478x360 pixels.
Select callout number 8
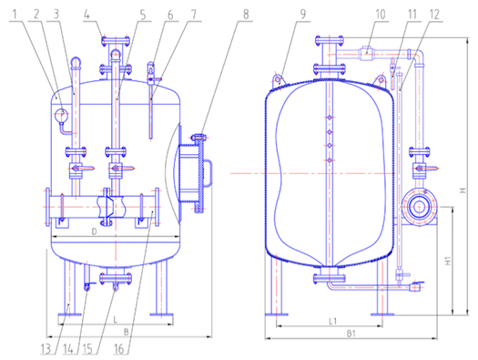click(x=246, y=15)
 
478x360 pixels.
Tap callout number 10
click(x=381, y=15)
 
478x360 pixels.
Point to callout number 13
click(x=46, y=349)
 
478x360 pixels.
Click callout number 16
click(x=119, y=349)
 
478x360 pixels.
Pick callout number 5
click(x=143, y=15)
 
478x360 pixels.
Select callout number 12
click(x=434, y=15)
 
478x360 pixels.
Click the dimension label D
click(x=95, y=231)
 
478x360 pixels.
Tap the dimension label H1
click(x=448, y=261)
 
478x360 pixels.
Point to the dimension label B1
click(x=351, y=334)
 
